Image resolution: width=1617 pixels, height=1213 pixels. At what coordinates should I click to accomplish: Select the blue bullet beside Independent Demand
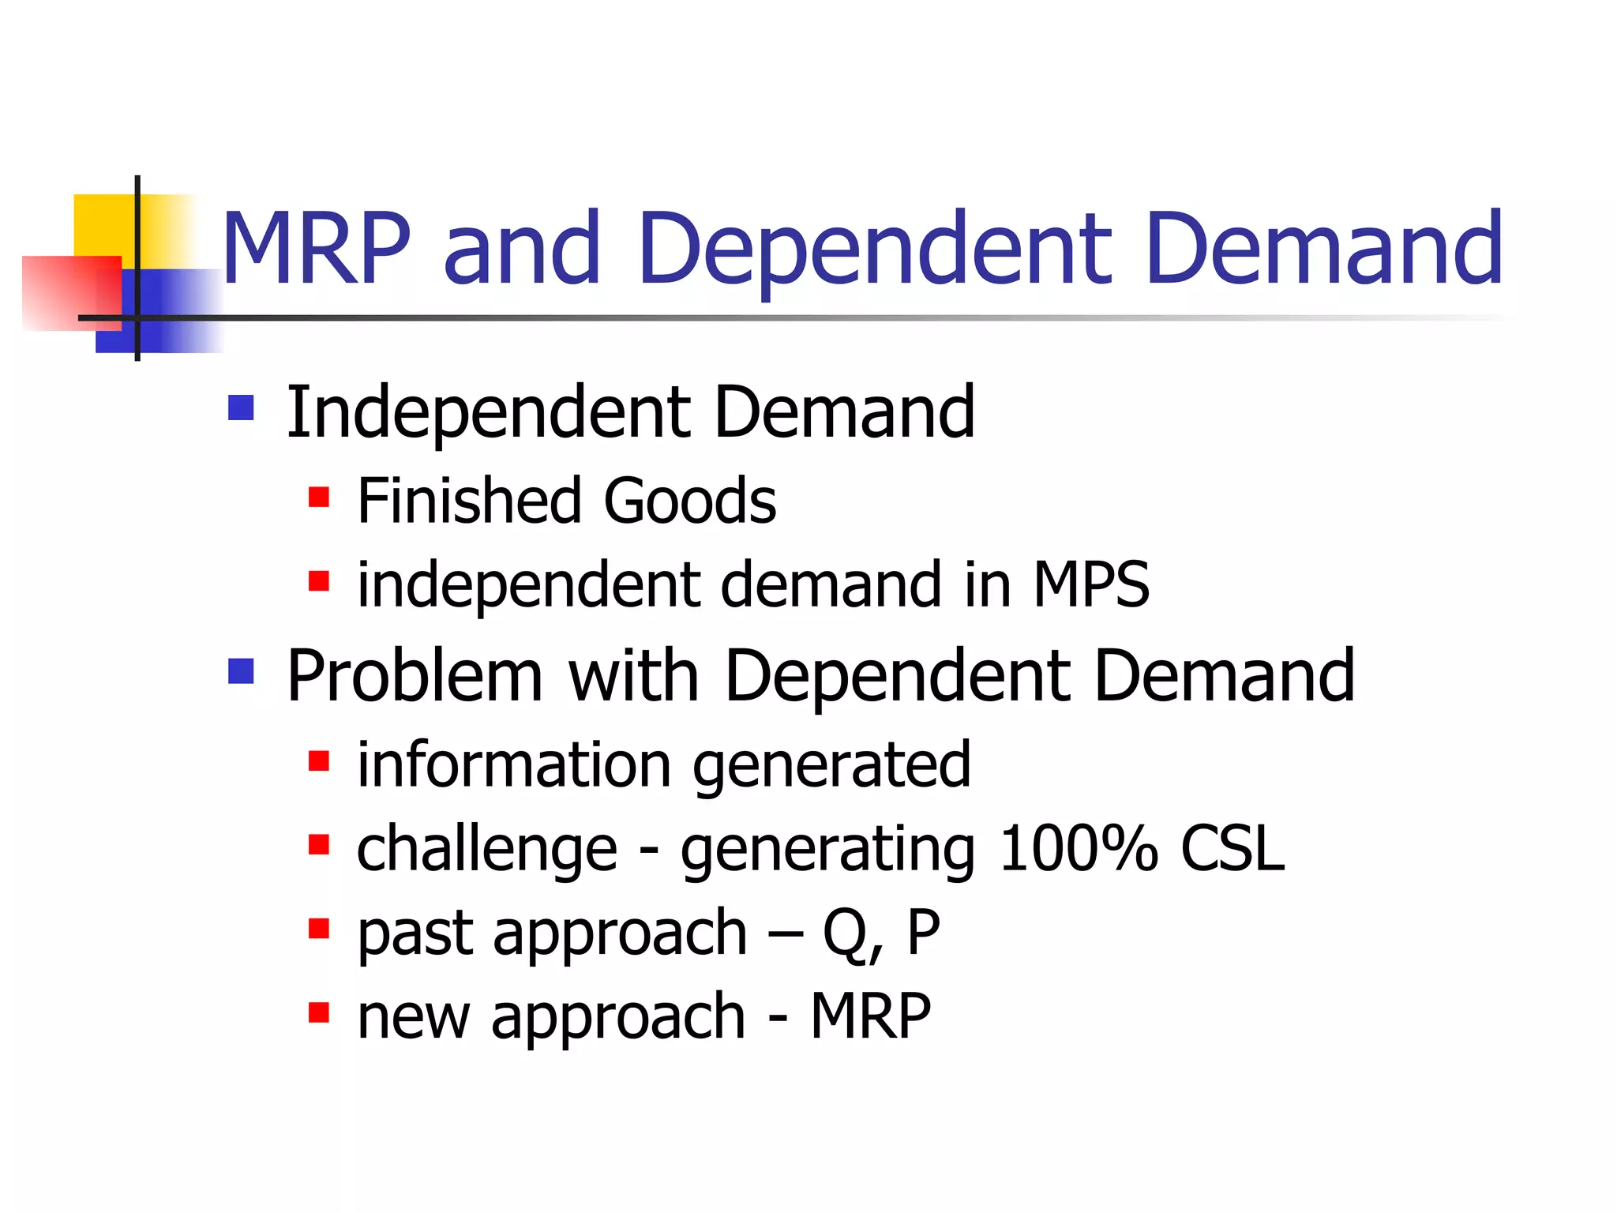[241, 407]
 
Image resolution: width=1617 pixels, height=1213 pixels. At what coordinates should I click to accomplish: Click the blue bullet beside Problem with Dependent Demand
[241, 671]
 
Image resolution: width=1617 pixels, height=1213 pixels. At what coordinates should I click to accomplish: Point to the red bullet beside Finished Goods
[318, 497]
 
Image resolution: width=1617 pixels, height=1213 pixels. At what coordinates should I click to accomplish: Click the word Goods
[689, 501]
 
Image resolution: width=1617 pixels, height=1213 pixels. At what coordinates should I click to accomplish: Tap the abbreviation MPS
[1091, 584]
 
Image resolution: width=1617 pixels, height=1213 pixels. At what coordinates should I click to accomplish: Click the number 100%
[1078, 849]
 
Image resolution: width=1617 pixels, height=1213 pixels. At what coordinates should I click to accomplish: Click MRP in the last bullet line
[870, 1017]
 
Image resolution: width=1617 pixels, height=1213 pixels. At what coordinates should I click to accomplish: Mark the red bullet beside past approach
[318, 928]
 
